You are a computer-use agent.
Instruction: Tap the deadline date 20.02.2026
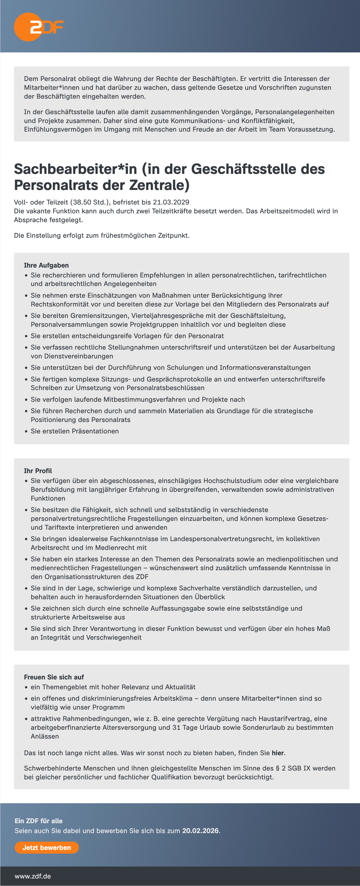point(200,831)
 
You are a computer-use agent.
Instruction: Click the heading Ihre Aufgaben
point(46,265)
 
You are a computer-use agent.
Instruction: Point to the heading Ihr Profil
point(38,471)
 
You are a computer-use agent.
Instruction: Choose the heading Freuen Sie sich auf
point(54,677)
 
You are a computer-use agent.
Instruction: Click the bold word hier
point(278,753)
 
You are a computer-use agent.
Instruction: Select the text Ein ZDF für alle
point(38,821)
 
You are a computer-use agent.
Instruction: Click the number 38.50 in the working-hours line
point(82,202)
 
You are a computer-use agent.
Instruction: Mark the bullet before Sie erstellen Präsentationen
point(26,431)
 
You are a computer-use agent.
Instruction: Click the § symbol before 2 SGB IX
point(278,768)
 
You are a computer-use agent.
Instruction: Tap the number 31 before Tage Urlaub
point(176,727)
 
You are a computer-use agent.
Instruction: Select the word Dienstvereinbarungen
point(72,356)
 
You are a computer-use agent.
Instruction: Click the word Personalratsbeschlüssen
point(165,388)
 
